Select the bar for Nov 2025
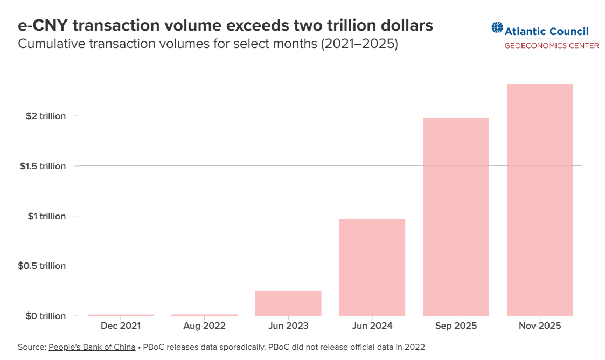pos(540,200)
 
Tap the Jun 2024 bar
pos(372,267)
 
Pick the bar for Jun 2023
pos(288,303)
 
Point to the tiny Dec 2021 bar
pos(121,315)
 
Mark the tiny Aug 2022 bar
pos(204,315)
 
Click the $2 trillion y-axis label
pos(46,116)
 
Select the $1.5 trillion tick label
pos(43,166)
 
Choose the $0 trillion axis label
pos(46,316)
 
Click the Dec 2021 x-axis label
pos(121,326)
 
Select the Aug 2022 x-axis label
pos(204,326)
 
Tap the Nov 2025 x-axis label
pos(540,326)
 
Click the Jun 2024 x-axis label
pos(372,326)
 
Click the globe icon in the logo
pos(497,27)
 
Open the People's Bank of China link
pos(92,347)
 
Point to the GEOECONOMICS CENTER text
pos(551,45)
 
